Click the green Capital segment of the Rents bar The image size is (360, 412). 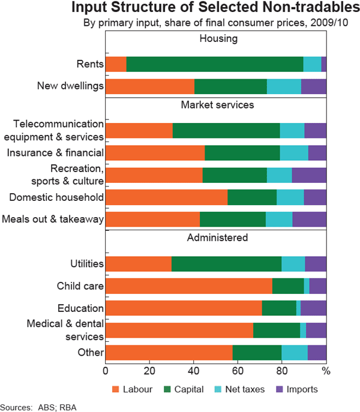tap(215, 64)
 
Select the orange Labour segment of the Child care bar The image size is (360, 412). tap(188, 286)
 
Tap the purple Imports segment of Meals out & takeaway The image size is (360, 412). tap(309, 219)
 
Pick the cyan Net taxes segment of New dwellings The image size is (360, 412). tap(284, 86)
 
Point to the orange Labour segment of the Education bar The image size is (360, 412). tap(184, 308)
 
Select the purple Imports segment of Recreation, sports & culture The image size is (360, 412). tap(309, 175)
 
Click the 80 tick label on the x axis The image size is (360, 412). tap(282, 370)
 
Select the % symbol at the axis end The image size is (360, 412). tap(326, 370)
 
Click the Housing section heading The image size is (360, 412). tap(216, 39)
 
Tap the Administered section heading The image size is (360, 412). tap(216, 237)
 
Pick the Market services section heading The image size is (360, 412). tap(216, 105)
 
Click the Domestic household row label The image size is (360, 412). tap(56, 197)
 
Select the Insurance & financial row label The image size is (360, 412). tap(55, 153)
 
